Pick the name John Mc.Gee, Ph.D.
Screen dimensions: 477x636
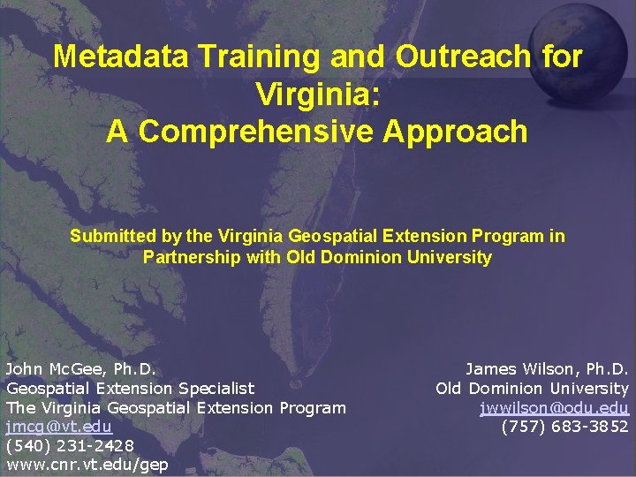81,368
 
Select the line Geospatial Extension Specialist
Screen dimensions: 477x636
130,388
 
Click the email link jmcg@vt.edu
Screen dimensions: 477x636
59,427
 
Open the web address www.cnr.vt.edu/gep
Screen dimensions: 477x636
87,466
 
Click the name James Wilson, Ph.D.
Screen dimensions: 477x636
547,368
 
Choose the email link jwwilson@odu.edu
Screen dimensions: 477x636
554,407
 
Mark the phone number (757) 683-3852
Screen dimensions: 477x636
564,427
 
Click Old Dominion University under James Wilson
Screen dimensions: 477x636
532,388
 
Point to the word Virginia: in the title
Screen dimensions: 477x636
317,94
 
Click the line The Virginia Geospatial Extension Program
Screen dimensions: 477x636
176,407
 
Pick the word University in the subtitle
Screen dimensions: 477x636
447,258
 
